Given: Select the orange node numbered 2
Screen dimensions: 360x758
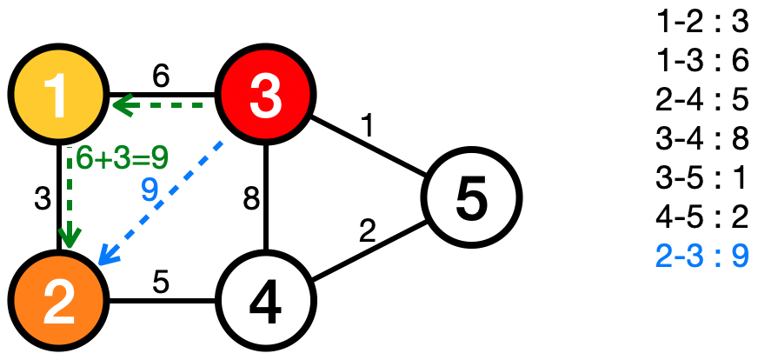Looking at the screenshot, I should tap(57, 301).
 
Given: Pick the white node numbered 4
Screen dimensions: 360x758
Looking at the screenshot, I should tap(264, 301).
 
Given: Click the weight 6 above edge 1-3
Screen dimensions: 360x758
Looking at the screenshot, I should tap(160, 76).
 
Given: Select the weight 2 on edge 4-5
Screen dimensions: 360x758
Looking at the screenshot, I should tap(368, 233).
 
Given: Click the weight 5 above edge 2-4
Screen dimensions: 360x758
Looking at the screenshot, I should tap(160, 283).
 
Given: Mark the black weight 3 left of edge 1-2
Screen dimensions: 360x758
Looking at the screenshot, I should tap(40, 197).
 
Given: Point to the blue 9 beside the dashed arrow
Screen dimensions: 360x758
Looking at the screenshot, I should tap(149, 190).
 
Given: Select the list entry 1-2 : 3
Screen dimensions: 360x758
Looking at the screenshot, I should tap(703, 21).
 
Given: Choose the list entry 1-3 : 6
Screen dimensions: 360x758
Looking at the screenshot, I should tap(703, 60).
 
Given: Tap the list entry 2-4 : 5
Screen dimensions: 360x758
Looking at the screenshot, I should tap(703, 99).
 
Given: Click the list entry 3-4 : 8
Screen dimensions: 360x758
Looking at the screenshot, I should tap(703, 138).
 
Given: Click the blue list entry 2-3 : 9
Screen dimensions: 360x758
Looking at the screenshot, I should tap(703, 257).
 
